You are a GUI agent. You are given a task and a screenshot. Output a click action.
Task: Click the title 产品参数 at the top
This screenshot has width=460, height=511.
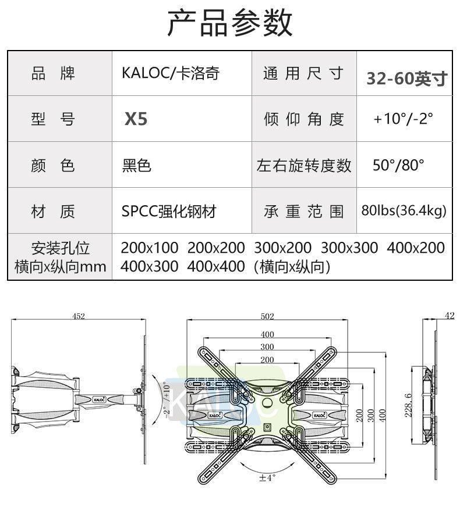coord(230,23)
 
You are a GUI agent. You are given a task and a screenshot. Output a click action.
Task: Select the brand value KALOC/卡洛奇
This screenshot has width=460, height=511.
coord(171,74)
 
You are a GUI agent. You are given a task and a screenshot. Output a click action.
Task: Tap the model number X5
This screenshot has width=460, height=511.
coord(136,119)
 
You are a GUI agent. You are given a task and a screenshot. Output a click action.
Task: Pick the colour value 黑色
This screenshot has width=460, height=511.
coord(136,166)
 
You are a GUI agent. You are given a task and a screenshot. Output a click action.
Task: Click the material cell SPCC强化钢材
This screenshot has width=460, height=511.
coord(169,211)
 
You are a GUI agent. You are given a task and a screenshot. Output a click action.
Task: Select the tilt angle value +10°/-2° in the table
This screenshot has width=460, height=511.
coord(404,119)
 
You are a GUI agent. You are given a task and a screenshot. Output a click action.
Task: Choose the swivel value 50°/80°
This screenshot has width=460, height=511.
coord(399,165)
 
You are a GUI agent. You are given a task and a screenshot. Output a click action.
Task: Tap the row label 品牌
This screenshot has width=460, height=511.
coord(53,74)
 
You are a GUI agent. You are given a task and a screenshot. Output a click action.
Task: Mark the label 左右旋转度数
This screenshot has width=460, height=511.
coord(304,166)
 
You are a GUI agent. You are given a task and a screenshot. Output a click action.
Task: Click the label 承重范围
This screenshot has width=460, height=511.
coord(304,211)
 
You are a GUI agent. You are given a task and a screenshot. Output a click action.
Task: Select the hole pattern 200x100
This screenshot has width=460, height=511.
coord(150,248)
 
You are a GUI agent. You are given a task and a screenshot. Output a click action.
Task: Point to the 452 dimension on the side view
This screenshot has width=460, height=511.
coord(79,316)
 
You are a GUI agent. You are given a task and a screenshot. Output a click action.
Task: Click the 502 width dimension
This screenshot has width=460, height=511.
coord(267,316)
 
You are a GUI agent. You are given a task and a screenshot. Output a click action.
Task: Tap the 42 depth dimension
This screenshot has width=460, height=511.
coord(449,315)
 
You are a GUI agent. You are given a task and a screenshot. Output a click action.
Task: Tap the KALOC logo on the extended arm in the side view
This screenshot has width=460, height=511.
coord(100,399)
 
